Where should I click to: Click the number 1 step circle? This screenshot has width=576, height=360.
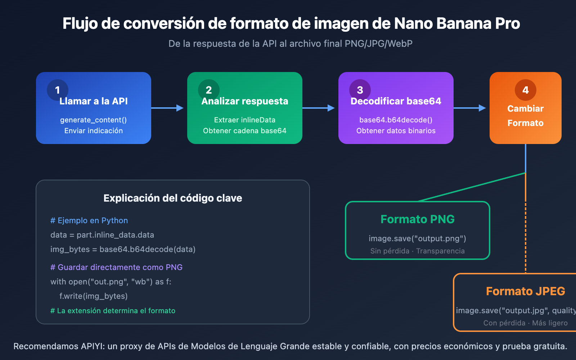[58, 90]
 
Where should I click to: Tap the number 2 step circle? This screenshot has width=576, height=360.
[209, 90]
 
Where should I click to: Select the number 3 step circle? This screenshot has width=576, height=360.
[360, 90]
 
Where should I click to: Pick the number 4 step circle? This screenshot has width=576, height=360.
[526, 90]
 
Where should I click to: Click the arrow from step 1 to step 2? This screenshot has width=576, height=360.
[168, 108]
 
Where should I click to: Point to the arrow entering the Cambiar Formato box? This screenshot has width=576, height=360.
[470, 108]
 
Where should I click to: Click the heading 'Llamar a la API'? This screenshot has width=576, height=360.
[94, 101]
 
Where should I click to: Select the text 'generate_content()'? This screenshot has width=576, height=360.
[94, 120]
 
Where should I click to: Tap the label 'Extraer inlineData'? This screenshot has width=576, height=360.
[245, 120]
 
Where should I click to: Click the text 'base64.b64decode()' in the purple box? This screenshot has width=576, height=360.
[396, 120]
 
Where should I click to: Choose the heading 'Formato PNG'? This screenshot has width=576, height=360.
[418, 219]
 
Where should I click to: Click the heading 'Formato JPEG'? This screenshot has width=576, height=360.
[526, 291]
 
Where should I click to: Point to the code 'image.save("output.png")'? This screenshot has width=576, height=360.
[418, 239]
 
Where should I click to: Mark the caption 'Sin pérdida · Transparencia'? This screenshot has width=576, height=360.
[418, 251]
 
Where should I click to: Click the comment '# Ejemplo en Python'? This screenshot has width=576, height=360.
[89, 221]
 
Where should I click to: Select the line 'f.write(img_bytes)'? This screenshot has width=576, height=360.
[94, 296]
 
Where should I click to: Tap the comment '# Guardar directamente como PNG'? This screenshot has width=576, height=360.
[117, 267]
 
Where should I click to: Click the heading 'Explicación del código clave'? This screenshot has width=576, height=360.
[173, 198]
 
